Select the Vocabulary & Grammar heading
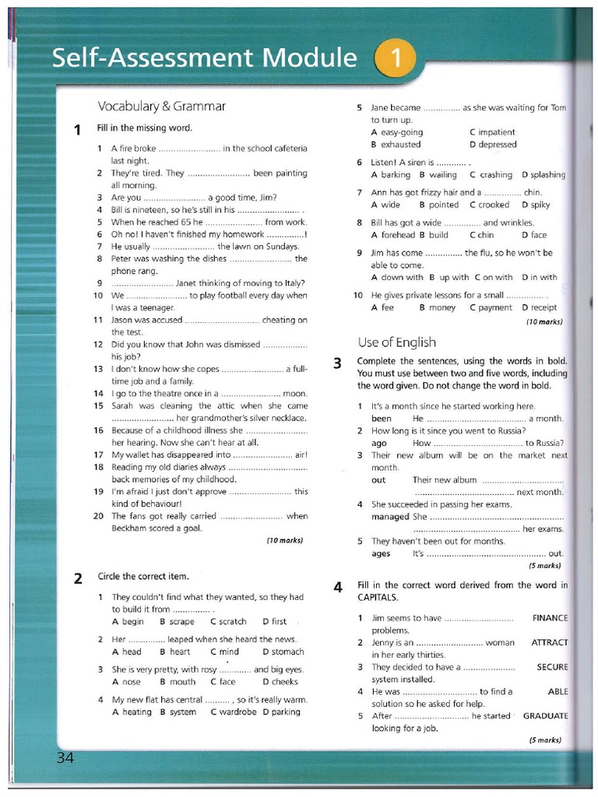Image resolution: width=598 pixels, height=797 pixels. coord(161,106)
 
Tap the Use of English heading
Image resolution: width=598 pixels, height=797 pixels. coord(396,342)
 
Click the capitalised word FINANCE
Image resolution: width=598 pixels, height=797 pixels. coord(550,618)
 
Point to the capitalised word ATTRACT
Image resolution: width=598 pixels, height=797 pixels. coord(549,643)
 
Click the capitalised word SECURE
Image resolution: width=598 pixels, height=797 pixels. coord(552,667)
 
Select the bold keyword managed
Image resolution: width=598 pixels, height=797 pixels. coord(390,516)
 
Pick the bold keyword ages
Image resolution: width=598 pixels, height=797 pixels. coord(382,553)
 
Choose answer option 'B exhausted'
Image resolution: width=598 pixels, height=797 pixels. coord(396,144)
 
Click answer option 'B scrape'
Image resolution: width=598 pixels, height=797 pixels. coord(177,621)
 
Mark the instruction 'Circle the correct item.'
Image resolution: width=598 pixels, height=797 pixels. coord(142,577)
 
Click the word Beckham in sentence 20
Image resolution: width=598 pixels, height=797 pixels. coord(128,528)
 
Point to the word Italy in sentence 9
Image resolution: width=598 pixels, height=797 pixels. coord(291,283)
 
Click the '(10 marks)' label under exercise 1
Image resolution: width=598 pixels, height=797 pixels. coord(284,540)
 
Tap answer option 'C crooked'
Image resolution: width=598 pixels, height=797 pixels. coord(489,205)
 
